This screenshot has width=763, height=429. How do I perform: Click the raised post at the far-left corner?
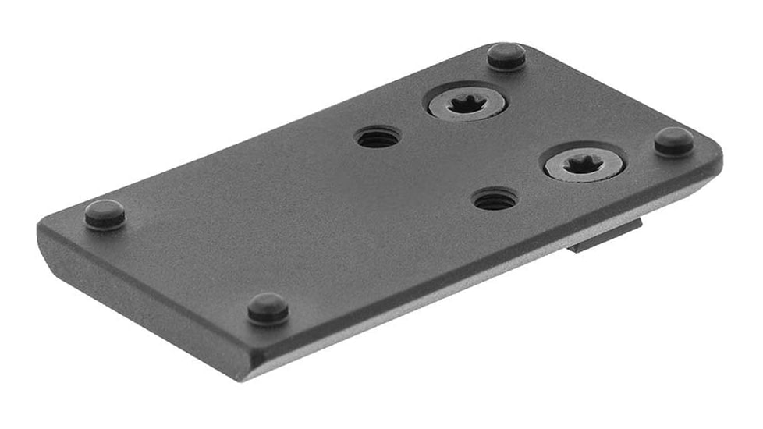click(x=105, y=214)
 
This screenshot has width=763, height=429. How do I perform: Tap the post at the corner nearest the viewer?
click(x=268, y=308)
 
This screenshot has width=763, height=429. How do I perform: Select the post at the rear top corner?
click(x=506, y=55)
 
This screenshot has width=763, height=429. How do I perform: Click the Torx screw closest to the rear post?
click(x=466, y=102)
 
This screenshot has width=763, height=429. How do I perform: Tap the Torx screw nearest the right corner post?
click(x=584, y=164)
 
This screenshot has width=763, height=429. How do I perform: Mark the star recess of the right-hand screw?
click(x=584, y=163)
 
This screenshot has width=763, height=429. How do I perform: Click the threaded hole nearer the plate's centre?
click(x=378, y=138)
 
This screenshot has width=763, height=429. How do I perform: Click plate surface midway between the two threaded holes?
click(x=437, y=168)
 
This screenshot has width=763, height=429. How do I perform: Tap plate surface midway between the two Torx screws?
click(x=524, y=133)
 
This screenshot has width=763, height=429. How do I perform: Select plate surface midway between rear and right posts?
click(x=590, y=98)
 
